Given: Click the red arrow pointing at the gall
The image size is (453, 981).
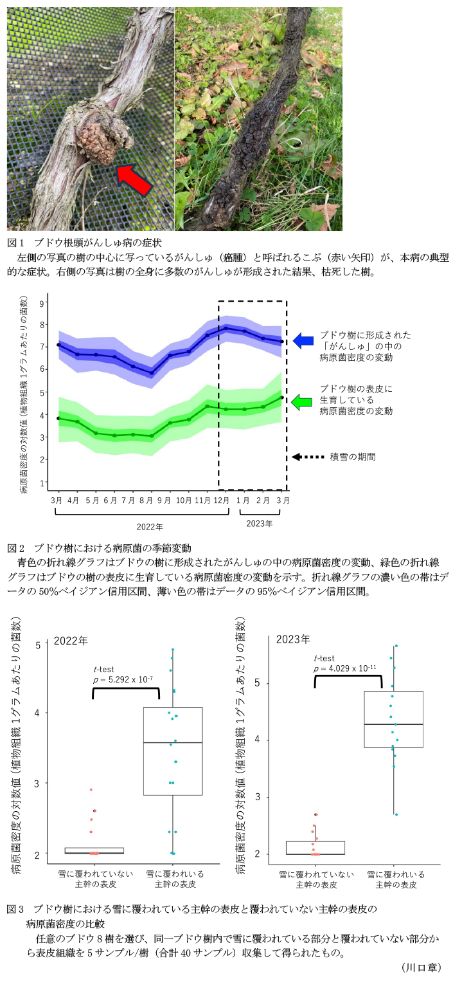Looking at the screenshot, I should click(x=134, y=179).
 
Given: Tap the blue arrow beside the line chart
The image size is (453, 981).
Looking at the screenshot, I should click(x=303, y=341).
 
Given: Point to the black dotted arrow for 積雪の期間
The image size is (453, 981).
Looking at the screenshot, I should click(x=307, y=456).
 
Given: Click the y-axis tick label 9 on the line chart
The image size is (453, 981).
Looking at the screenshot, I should click(x=42, y=302).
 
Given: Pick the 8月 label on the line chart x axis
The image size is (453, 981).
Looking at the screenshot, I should click(x=148, y=500).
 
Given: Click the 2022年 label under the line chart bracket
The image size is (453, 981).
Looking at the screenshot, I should click(x=150, y=526).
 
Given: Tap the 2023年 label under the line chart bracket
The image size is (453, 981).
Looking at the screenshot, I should click(x=260, y=523).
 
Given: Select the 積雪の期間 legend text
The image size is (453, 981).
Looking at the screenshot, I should click(x=353, y=456).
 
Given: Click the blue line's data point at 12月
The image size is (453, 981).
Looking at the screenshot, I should click(x=226, y=328).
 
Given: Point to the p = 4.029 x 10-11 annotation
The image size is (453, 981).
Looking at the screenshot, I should click(x=345, y=668).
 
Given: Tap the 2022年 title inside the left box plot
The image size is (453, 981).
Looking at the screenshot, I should click(x=71, y=641).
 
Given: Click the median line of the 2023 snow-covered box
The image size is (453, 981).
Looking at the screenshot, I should click(x=393, y=724).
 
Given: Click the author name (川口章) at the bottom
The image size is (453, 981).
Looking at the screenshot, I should click(x=421, y=967).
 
